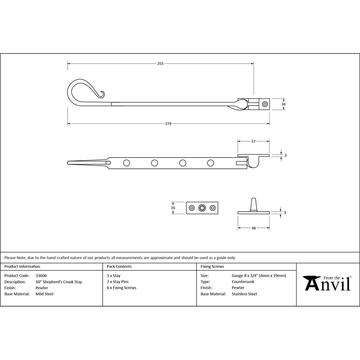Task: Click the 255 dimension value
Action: [x=160, y=64]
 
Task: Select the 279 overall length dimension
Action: [x=168, y=123]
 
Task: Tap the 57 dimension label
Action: [x=253, y=141]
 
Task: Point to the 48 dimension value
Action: [x=253, y=228]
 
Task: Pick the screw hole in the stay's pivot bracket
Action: [x=265, y=104]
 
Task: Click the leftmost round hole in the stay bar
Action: [x=127, y=163]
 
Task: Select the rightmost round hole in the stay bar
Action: [x=211, y=163]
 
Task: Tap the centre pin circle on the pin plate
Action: [x=202, y=208]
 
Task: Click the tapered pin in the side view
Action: [x=253, y=204]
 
